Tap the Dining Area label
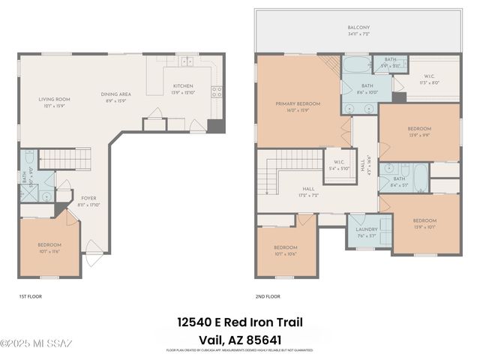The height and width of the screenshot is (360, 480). point(116,97)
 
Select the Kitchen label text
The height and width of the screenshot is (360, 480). point(183,88)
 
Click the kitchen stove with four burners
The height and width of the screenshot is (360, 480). point(217,93)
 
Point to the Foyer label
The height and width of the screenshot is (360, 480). point(88,202)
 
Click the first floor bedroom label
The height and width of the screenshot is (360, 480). point(49,247)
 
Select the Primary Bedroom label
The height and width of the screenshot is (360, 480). point(298,107)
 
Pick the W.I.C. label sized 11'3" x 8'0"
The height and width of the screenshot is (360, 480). point(428,79)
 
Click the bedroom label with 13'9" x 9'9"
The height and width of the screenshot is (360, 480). point(418,131)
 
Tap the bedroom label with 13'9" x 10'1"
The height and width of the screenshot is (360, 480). point(424,223)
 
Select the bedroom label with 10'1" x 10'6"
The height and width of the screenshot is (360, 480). point(285,250)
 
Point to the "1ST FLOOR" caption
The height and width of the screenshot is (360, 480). point(30,297)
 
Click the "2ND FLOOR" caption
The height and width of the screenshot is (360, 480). point(267,297)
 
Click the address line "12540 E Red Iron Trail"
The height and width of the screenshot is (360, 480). point(240,322)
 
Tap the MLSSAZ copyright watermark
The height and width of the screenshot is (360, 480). point(36,343)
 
